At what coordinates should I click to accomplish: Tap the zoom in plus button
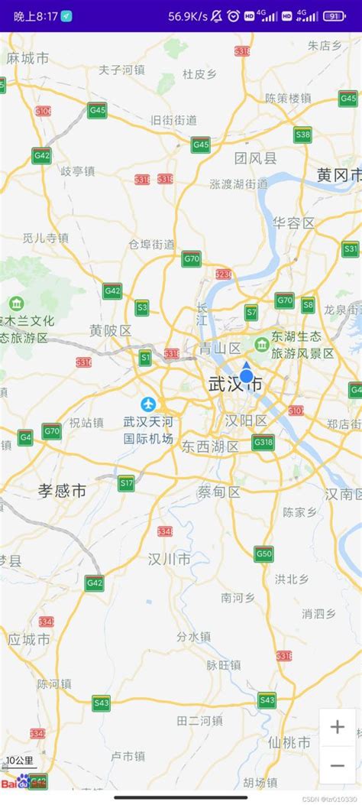click(x=337, y=727)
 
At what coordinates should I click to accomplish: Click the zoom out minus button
click(x=337, y=764)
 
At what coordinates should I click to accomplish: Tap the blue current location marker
click(x=247, y=375)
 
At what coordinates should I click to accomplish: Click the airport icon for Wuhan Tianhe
click(x=148, y=404)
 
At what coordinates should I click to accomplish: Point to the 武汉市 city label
click(x=235, y=385)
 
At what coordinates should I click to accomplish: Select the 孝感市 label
click(x=63, y=491)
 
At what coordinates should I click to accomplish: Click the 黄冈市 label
click(x=339, y=175)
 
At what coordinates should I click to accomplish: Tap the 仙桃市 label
click(x=289, y=742)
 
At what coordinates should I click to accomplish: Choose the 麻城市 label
click(x=27, y=58)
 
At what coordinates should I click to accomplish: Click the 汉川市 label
click(x=170, y=559)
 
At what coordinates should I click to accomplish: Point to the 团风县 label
click(x=256, y=158)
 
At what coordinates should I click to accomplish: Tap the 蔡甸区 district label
click(x=218, y=492)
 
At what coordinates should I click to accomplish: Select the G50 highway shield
click(x=264, y=553)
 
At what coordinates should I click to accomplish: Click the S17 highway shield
click(x=126, y=482)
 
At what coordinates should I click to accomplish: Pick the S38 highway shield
click(x=302, y=135)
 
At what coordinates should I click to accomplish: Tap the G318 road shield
click(x=263, y=442)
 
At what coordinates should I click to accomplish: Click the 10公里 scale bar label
click(x=19, y=761)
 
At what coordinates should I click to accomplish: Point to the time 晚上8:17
click(x=35, y=16)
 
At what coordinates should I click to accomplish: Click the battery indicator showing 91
click(x=334, y=16)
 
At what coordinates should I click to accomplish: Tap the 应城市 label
click(x=29, y=639)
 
